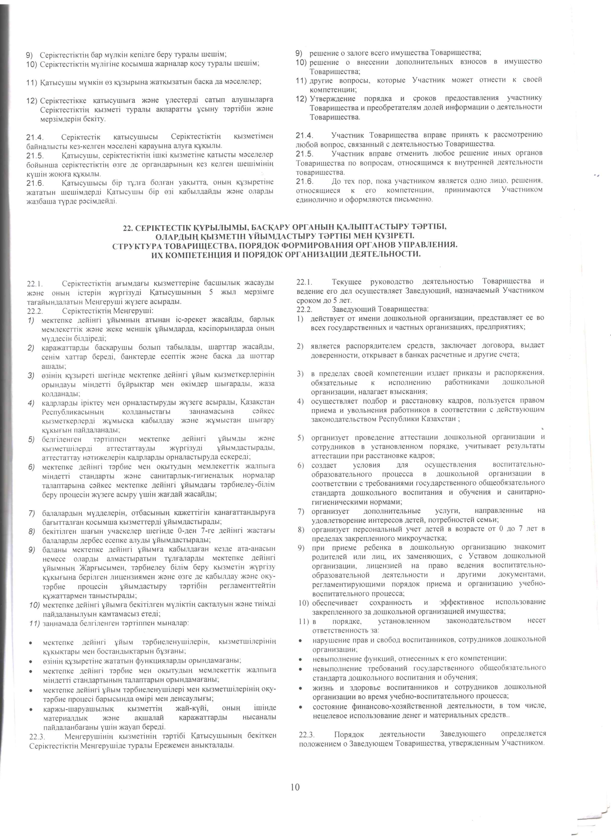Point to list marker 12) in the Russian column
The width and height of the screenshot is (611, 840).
click(x=302, y=98)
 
